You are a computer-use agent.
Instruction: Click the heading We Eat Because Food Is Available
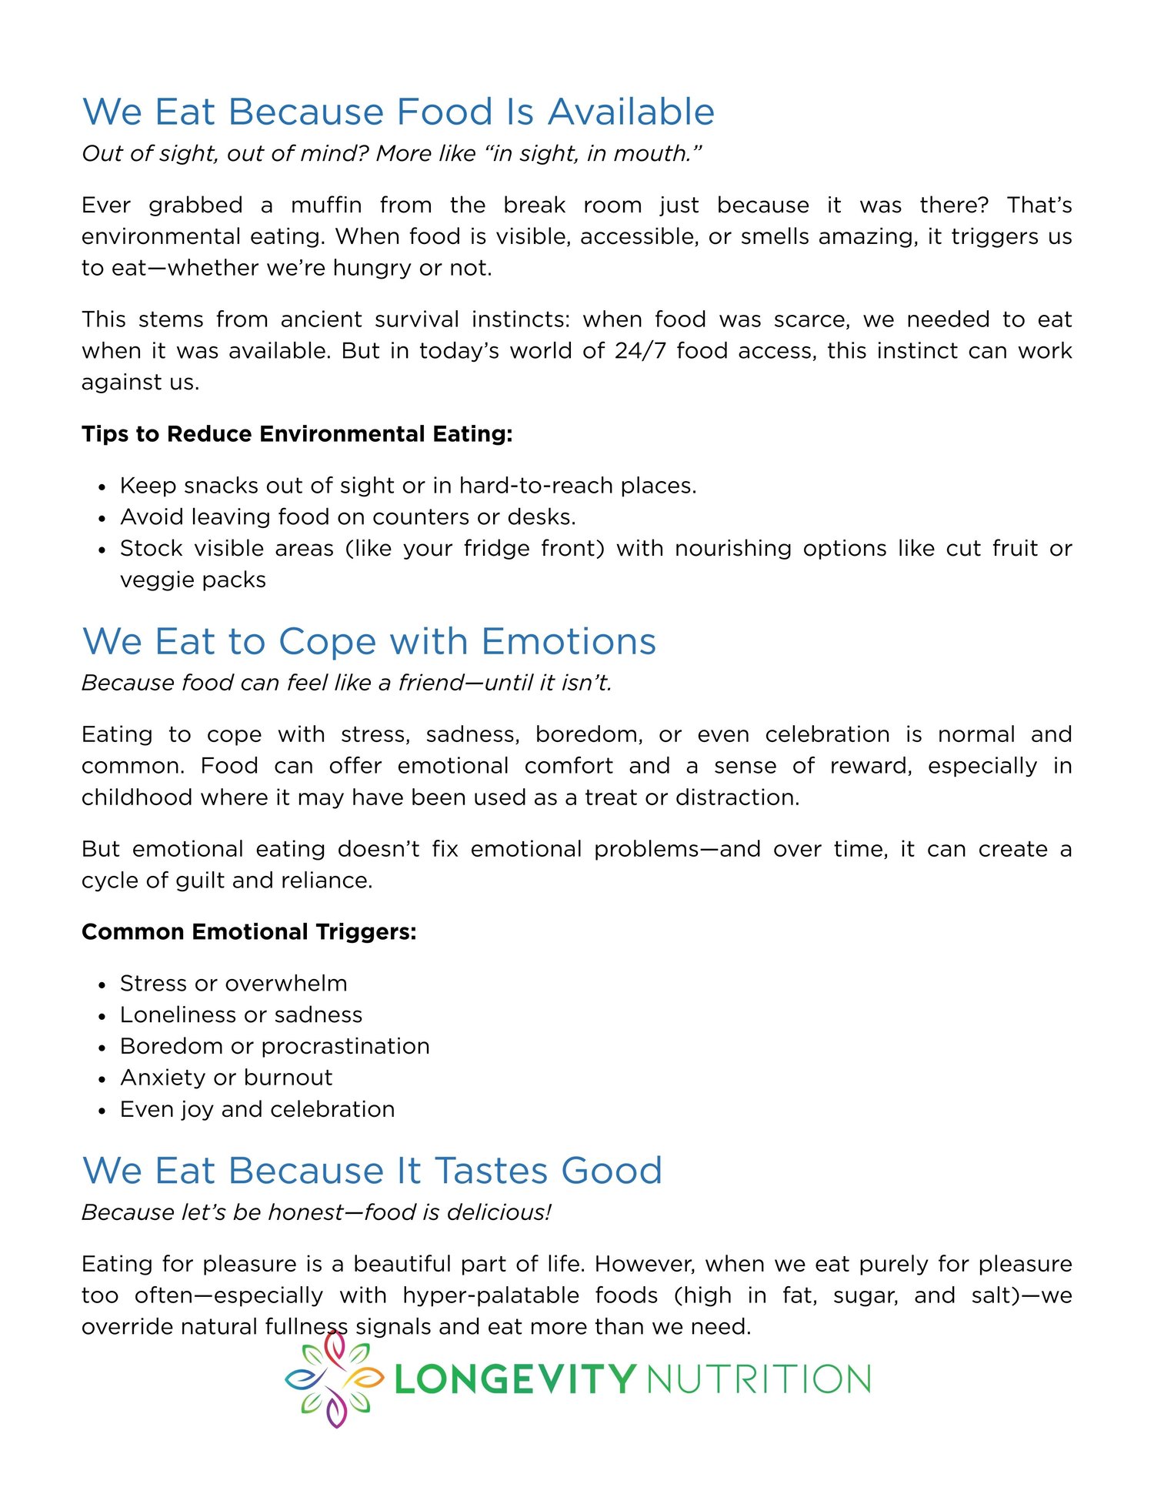click(399, 112)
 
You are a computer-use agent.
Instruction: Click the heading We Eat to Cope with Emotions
click(369, 642)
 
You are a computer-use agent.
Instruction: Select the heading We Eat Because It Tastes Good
click(372, 1171)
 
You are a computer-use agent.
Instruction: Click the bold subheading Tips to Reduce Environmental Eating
click(297, 434)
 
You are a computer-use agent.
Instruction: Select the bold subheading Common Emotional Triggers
click(249, 932)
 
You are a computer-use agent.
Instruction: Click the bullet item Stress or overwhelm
click(233, 984)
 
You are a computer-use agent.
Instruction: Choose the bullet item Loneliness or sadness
click(241, 1015)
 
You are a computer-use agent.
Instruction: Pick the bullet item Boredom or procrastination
click(275, 1047)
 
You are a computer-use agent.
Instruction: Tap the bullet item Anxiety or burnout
click(226, 1078)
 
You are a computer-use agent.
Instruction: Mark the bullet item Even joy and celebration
click(257, 1110)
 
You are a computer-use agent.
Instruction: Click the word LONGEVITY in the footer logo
click(515, 1379)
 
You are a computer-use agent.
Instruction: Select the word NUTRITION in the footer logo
click(759, 1379)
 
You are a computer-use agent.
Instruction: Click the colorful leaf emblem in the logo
click(334, 1379)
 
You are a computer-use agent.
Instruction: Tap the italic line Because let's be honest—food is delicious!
click(316, 1213)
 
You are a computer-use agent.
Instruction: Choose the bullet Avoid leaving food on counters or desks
click(348, 517)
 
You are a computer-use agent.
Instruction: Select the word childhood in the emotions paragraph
click(136, 797)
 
